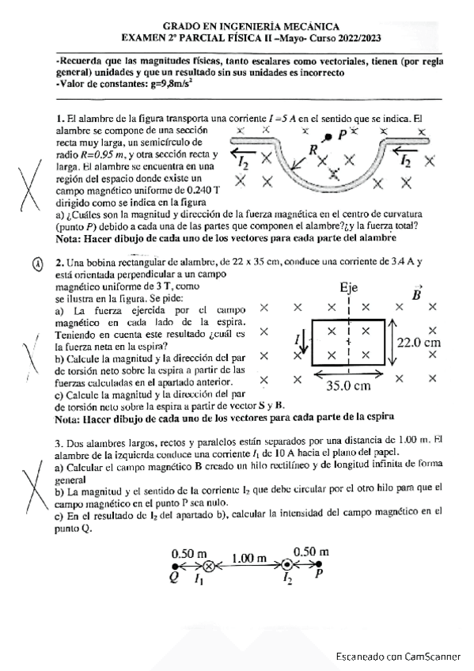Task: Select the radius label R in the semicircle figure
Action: [x=313, y=150]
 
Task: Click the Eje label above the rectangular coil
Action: [x=349, y=290]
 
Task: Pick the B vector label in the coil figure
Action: [x=417, y=294]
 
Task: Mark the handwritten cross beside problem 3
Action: [x=32, y=483]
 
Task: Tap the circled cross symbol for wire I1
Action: [x=209, y=567]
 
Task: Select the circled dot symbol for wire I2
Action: [x=287, y=567]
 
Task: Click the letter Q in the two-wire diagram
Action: [x=173, y=577]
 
